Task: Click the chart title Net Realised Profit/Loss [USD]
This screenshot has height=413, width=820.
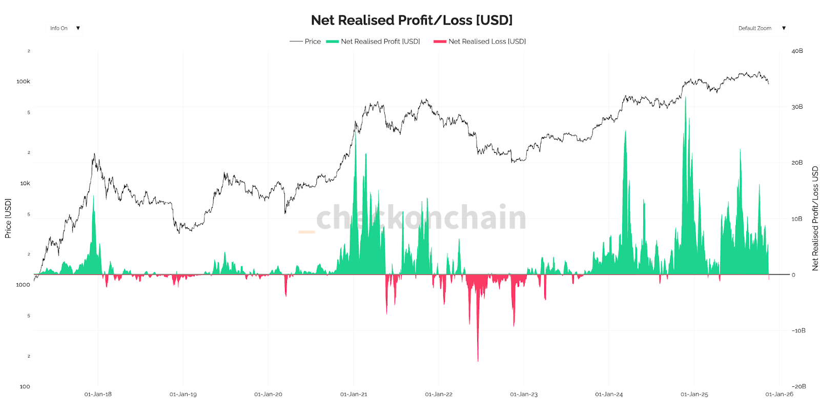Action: coord(412,20)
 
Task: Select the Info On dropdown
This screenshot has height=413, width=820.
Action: coord(65,28)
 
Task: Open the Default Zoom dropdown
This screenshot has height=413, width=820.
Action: coord(761,28)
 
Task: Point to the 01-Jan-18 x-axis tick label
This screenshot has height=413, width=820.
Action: coord(98,394)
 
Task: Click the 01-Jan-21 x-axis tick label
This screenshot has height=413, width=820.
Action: coord(354,394)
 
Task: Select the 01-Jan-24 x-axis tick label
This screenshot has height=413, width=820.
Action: coord(609,394)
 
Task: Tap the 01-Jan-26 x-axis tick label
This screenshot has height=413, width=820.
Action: coord(779,394)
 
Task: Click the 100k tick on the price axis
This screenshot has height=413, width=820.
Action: coord(23,82)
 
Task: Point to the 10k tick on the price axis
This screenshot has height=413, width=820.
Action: coord(25,183)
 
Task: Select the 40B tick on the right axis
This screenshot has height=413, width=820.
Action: coord(797,51)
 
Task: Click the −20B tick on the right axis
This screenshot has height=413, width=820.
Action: coord(798,386)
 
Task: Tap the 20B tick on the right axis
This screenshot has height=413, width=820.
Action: coord(797,163)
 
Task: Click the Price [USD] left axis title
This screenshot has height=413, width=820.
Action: coord(8,219)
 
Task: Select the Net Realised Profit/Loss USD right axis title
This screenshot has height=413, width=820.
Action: coord(815,219)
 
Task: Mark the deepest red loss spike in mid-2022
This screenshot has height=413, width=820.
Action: coord(478,359)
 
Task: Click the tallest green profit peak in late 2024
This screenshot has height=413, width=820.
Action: coord(685,100)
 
